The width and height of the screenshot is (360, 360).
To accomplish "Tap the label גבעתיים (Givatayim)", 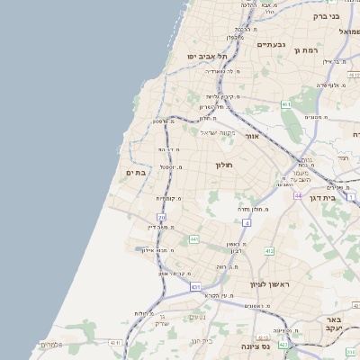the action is click(270, 45).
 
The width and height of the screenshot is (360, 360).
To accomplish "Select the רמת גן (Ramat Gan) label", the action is click(307, 50).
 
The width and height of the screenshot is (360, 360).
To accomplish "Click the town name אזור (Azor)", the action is click(252, 136).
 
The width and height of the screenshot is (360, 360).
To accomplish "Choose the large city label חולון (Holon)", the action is click(224, 166).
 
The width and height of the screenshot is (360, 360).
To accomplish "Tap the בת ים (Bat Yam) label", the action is click(136, 172).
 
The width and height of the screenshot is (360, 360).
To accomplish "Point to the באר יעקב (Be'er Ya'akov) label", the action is click(334, 325).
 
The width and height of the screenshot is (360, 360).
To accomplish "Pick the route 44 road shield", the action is click(298, 195).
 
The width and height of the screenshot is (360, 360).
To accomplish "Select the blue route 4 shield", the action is click(246, 221).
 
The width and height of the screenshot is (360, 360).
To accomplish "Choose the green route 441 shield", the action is click(193, 239).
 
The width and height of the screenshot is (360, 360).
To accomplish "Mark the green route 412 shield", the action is click(269, 251).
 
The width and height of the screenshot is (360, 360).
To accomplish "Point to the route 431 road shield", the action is click(195, 287).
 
